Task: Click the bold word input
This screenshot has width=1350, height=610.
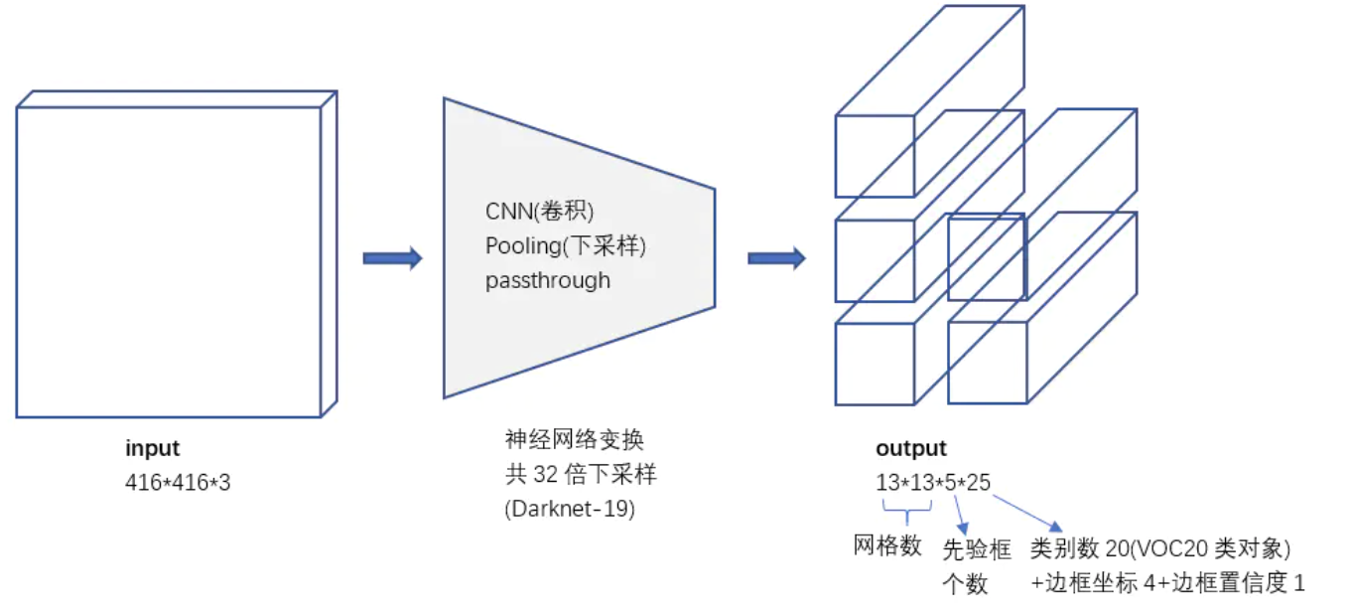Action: click(152, 449)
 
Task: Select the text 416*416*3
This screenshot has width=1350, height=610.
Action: click(178, 483)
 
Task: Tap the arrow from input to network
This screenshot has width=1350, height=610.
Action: click(392, 259)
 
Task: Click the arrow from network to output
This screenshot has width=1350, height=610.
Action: click(776, 259)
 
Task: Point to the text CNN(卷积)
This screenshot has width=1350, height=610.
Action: click(539, 212)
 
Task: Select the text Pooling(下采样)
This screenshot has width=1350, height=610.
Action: click(572, 245)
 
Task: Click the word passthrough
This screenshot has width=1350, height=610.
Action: click(548, 280)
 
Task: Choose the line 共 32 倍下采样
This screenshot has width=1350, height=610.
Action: click(581, 474)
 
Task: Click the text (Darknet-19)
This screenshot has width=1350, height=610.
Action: click(570, 509)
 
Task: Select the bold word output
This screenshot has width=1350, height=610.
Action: click(910, 449)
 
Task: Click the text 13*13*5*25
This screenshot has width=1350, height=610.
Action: click(932, 483)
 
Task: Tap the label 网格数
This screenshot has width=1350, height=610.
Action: click(887, 545)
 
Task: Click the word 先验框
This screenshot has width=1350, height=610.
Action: click(976, 548)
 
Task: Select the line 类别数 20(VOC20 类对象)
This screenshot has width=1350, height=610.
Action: click(1159, 548)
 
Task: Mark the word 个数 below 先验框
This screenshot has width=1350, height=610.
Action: click(964, 584)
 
